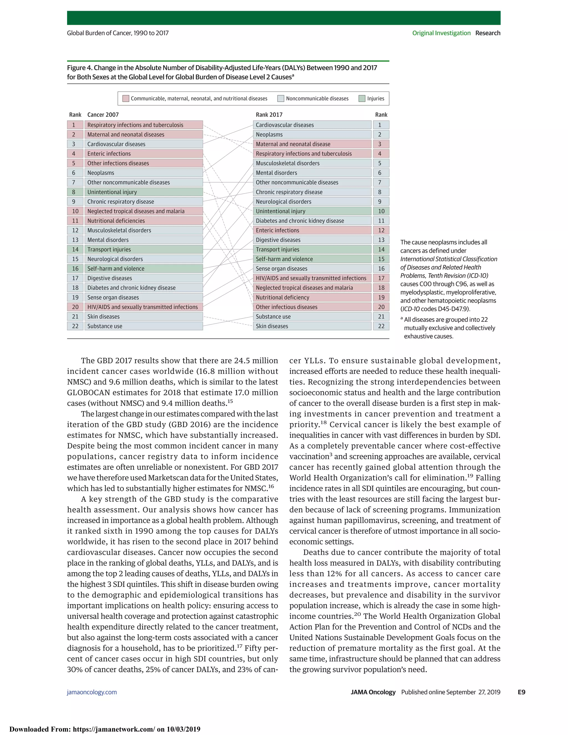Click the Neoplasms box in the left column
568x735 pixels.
pos(143,173)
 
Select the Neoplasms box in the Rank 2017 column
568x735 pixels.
pos(312,134)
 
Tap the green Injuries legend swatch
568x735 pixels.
pos(362,99)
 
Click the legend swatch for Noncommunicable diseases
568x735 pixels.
pos(281,99)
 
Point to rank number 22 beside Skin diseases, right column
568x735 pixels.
pos(381,326)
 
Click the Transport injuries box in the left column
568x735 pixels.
pos(143,249)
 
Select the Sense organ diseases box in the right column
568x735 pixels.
pos(312,268)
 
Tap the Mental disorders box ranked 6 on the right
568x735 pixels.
pos(312,173)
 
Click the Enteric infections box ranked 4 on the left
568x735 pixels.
pos(143,153)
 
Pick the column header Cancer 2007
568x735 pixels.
pos(103,115)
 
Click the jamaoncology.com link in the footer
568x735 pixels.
pos(92,692)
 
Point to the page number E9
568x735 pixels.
pos(521,692)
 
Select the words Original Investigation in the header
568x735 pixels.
pos(441,33)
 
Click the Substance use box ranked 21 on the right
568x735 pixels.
pos(312,317)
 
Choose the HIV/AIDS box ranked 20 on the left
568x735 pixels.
pos(143,307)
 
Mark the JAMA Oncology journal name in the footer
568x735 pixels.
pos(373,692)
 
